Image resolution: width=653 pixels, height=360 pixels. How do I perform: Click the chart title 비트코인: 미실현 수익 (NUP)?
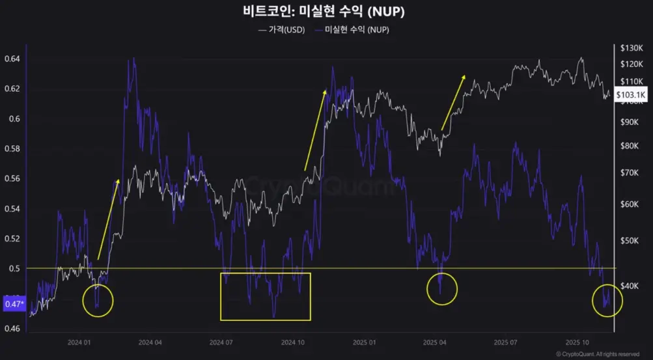coord(326,12)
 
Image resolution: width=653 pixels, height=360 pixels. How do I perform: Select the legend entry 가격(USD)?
coord(281,30)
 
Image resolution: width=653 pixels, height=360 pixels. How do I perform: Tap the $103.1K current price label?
coord(630,95)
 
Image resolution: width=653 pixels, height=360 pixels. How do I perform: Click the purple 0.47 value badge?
coord(14,303)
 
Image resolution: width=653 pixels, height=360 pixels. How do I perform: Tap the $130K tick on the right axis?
coord(631,48)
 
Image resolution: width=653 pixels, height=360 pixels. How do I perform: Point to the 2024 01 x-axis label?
coord(79,342)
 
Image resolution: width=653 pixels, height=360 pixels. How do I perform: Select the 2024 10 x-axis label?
coord(292,342)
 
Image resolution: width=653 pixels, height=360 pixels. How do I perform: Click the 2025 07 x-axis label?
coord(505,342)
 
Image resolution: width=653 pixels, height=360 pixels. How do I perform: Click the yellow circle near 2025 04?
coord(442,288)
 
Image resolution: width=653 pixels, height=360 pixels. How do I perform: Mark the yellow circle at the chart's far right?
coord(607,300)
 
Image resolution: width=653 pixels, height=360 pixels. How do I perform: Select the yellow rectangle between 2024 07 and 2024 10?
coord(266,296)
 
